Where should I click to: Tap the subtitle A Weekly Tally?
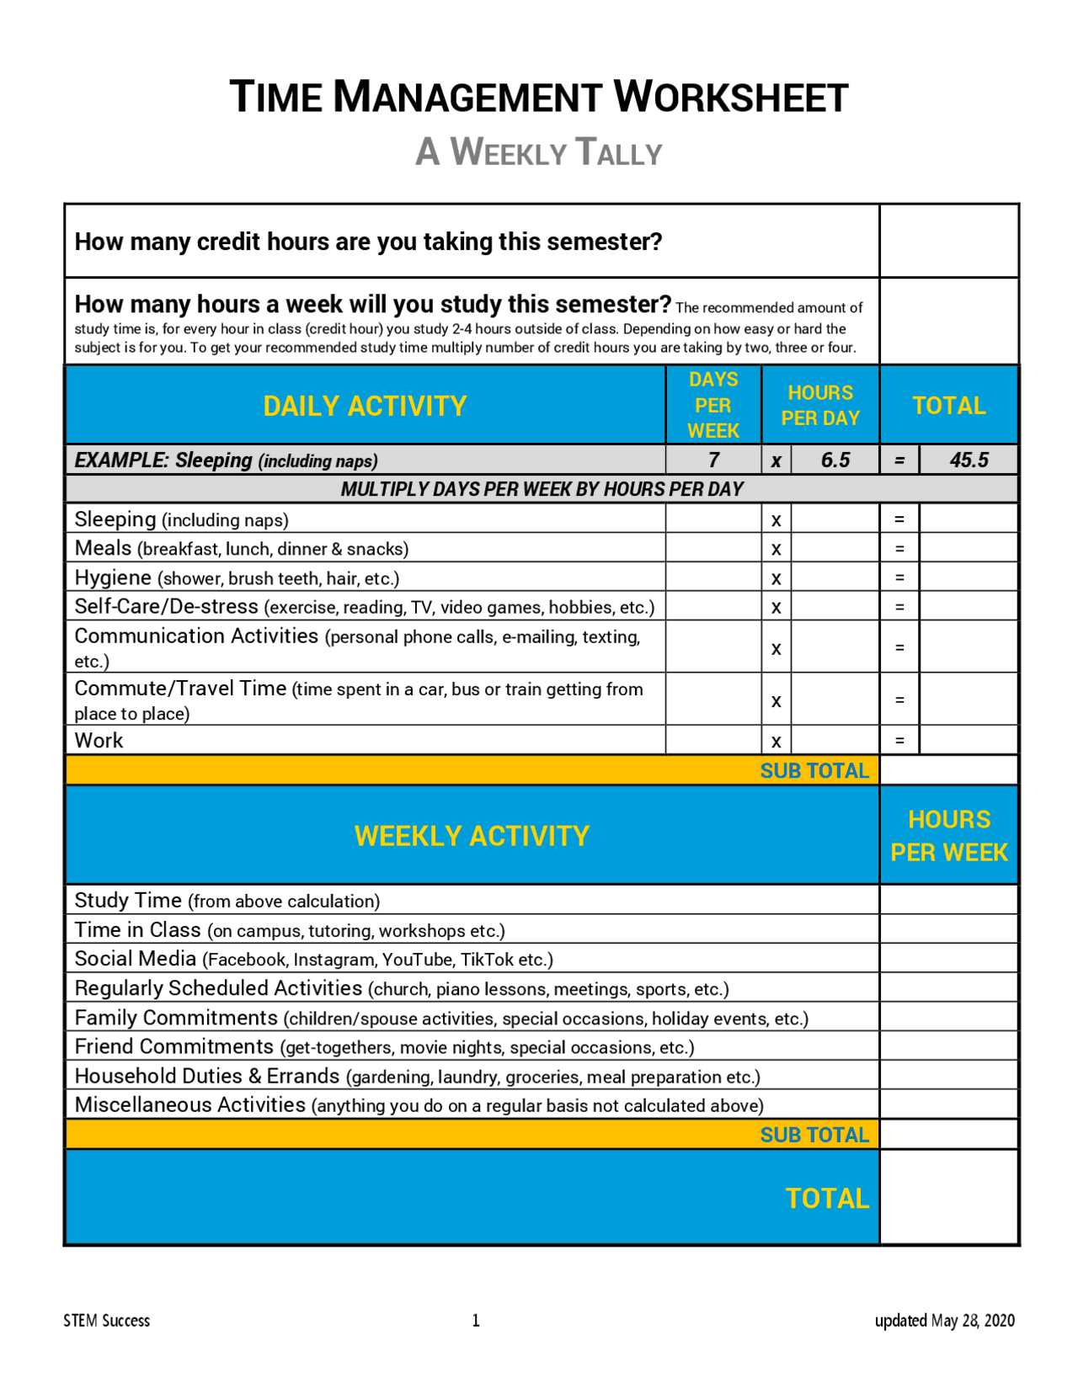pyautogui.click(x=539, y=152)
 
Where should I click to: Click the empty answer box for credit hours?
pyautogui.click(x=948, y=241)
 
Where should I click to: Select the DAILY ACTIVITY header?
pyautogui.click(x=365, y=406)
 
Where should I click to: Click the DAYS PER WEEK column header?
pyautogui.click(x=712, y=405)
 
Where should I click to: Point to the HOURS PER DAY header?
pyautogui.click(x=819, y=405)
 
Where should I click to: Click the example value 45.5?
pyautogui.click(x=969, y=460)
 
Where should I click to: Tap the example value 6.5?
pyautogui.click(x=835, y=460)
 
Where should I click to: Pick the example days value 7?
pyautogui.click(x=713, y=460)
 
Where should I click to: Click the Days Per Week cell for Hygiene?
pyautogui.click(x=713, y=577)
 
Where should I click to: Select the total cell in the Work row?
pyautogui.click(x=969, y=741)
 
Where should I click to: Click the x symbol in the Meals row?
pyautogui.click(x=776, y=549)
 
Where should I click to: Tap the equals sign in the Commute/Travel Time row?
pyautogui.click(x=899, y=700)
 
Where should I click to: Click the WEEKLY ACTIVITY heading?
pyautogui.click(x=472, y=836)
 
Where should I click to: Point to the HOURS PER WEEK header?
pyautogui.click(x=948, y=835)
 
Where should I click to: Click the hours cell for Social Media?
pyautogui.click(x=948, y=959)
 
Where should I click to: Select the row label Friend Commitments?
pyautogui.click(x=174, y=1046)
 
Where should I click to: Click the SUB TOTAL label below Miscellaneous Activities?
pyautogui.click(x=814, y=1135)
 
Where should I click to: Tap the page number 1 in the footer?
pyautogui.click(x=476, y=1320)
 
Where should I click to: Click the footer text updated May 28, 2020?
pyautogui.click(x=944, y=1320)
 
